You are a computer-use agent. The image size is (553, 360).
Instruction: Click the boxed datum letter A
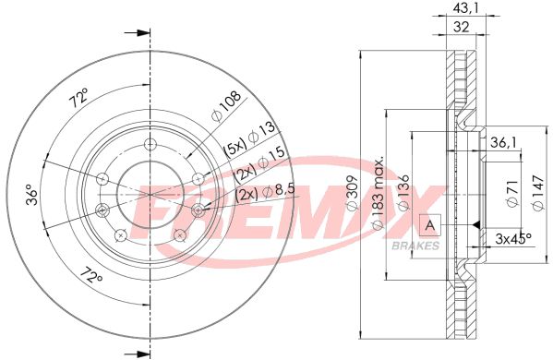tap(429, 224)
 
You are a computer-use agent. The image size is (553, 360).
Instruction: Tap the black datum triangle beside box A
tap(473, 224)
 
